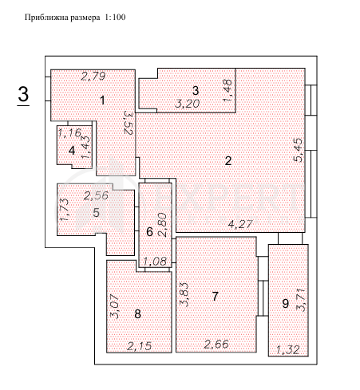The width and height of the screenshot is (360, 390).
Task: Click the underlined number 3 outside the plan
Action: pyautogui.click(x=24, y=95)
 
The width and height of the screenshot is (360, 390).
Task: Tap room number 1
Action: pyautogui.click(x=102, y=100)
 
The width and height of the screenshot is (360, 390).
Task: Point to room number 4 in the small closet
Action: pyautogui.click(x=72, y=149)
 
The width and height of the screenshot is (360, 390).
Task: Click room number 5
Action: pyautogui.click(x=96, y=212)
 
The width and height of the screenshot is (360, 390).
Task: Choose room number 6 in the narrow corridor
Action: pyautogui.click(x=149, y=232)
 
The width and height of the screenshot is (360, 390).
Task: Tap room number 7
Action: pyautogui.click(x=215, y=296)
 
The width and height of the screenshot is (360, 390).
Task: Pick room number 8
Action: pyautogui.click(x=138, y=314)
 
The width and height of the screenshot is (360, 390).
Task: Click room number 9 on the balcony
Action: pyautogui.click(x=286, y=302)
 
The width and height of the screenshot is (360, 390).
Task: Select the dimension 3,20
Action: pyautogui.click(x=188, y=103)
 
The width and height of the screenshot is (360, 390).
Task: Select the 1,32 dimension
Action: pyautogui.click(x=287, y=349)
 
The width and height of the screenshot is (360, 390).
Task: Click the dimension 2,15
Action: pyautogui.click(x=140, y=345)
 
